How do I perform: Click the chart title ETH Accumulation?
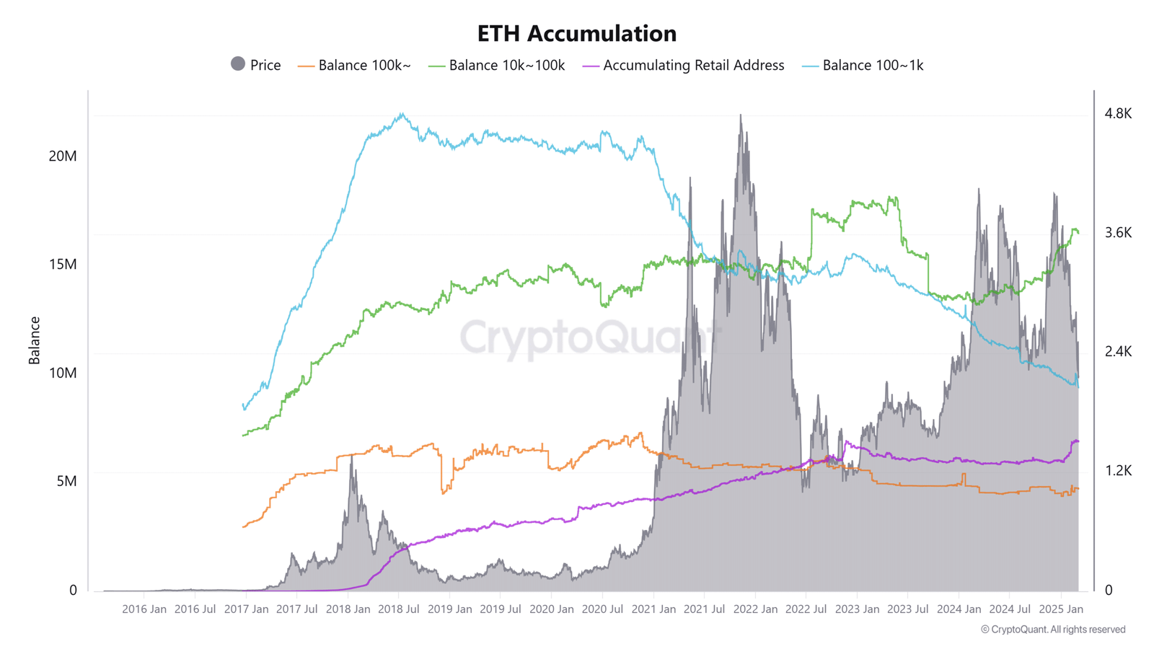coord(577,33)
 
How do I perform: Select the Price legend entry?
coord(255,65)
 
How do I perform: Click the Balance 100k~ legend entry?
coord(355,65)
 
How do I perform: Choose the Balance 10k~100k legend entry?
coord(497,65)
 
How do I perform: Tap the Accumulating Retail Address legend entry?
coord(684,65)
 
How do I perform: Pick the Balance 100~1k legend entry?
coord(863,65)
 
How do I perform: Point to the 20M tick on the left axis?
coord(63,156)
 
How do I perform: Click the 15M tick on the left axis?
coord(63,265)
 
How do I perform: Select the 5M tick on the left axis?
coord(66,481)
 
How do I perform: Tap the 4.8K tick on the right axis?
coord(1118,113)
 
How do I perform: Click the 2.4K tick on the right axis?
coord(1118,351)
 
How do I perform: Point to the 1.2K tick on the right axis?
coord(1118,470)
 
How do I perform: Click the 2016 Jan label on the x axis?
coord(144,609)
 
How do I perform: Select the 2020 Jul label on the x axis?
coord(602,609)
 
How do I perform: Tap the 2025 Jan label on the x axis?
coord(1061,609)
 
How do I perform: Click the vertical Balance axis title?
coord(34,340)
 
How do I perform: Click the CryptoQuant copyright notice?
coord(1053,630)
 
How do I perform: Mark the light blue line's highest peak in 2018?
coord(402,114)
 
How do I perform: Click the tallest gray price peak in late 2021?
coord(740,115)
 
